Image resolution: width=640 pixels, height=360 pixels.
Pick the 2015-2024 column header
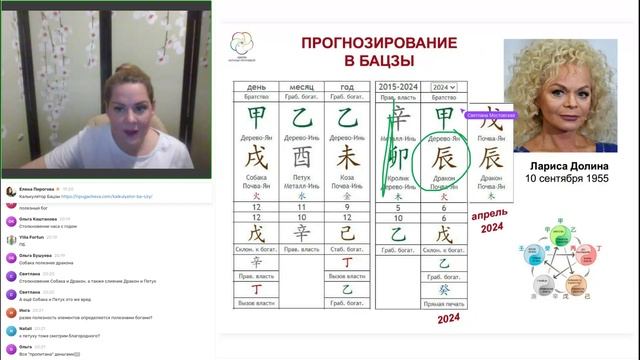click(x=399, y=88)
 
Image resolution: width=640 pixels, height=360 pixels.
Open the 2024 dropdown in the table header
click(x=443, y=88)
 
